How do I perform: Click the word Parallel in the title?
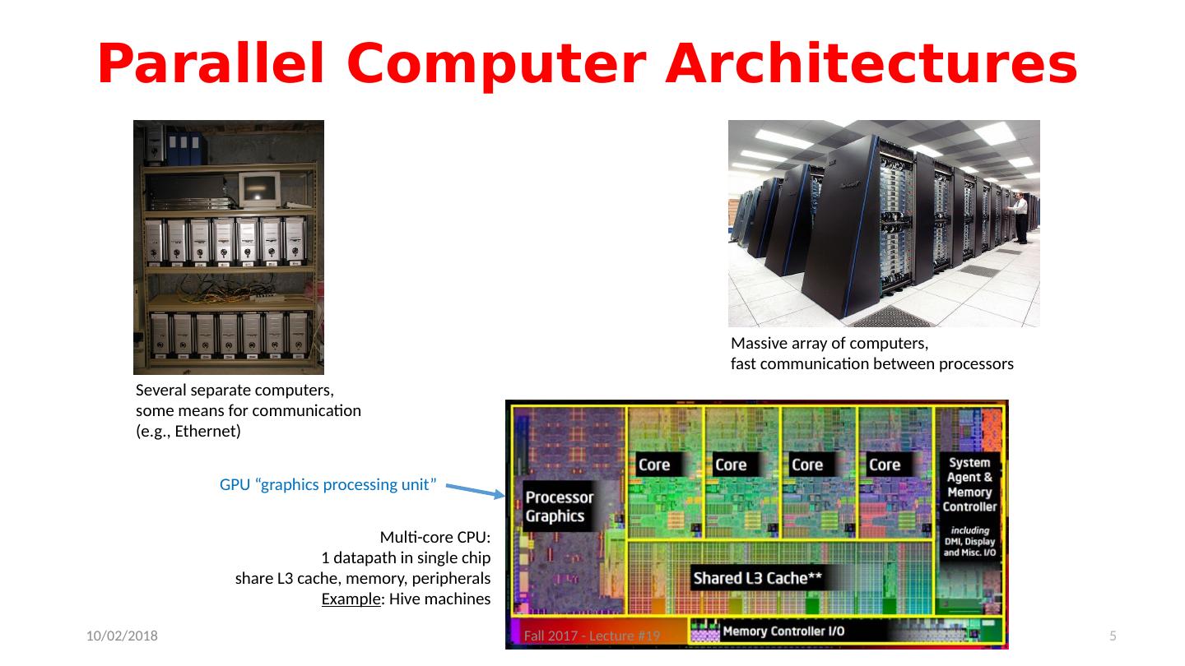coord(210,65)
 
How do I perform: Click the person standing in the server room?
coord(1021,218)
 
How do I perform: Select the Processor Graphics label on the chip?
coord(560,506)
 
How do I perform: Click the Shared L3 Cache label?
coord(757,578)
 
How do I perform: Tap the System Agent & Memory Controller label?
coord(969,485)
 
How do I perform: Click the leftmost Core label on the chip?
coord(654,465)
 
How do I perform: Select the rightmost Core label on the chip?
coord(885,465)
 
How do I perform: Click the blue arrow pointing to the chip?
coord(476,490)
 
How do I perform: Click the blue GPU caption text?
coord(328,484)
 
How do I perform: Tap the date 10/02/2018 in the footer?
coord(123,636)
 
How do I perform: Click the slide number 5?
coord(1113,636)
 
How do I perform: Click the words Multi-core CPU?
coord(435,538)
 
